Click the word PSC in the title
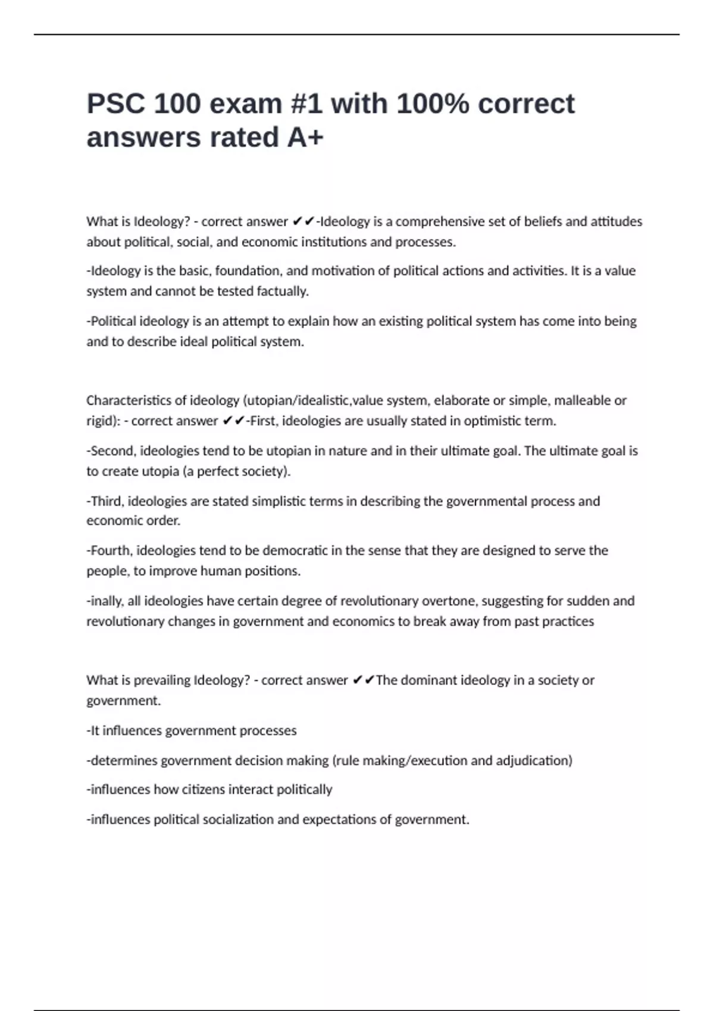[x=116, y=104]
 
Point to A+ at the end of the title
[x=305, y=137]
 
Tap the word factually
[x=283, y=291]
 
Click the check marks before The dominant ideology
[x=363, y=680]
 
